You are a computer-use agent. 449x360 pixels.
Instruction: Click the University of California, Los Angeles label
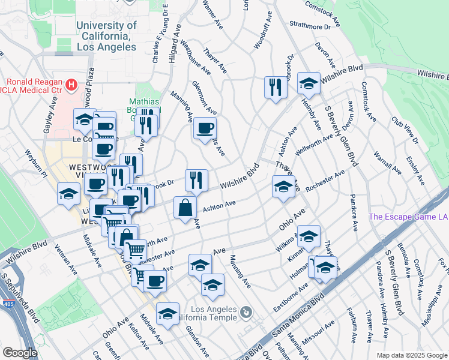(106, 36)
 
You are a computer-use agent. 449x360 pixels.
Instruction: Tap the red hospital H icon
(73, 85)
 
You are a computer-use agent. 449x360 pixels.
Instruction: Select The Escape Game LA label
(408, 217)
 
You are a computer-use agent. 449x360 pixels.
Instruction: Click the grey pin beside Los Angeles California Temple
(246, 312)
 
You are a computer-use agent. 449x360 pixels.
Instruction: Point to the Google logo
(20, 353)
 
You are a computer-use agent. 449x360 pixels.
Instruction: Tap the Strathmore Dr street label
(310, 26)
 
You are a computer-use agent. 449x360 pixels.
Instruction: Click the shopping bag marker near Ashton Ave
(185, 208)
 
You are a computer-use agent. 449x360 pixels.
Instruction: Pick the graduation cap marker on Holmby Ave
(309, 83)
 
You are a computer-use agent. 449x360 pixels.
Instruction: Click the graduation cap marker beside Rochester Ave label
(283, 186)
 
